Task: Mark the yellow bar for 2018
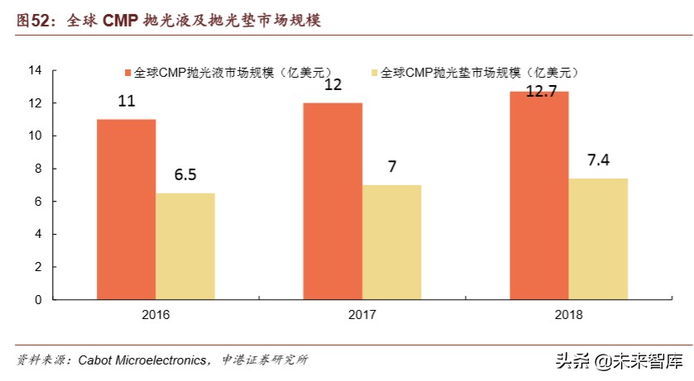point(598,239)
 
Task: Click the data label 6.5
point(184,175)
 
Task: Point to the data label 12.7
point(540,91)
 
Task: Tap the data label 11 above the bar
point(127,102)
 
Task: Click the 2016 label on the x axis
point(156,316)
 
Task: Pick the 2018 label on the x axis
point(569,316)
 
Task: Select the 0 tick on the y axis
point(38,300)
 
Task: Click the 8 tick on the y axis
point(38,169)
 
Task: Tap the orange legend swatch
point(128,73)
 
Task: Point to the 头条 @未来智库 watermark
point(619,361)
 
